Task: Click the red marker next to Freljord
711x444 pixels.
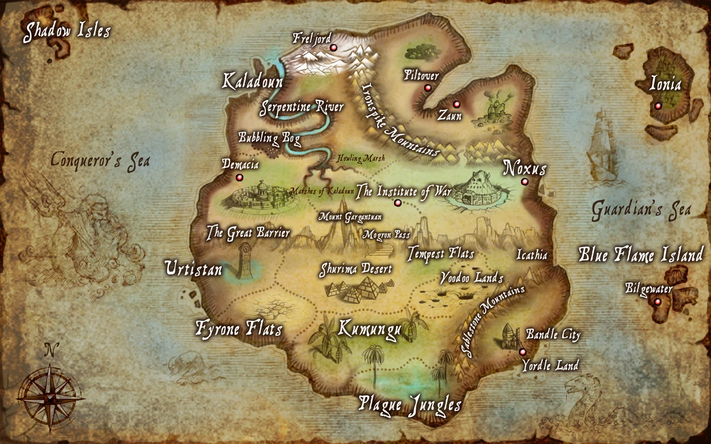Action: [x=333, y=47]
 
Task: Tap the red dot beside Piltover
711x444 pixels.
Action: [x=427, y=88]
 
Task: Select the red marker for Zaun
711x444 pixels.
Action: [x=456, y=104]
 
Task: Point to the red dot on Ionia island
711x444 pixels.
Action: [x=658, y=106]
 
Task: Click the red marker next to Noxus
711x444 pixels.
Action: [x=524, y=182]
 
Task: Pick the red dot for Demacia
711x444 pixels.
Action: [x=239, y=177]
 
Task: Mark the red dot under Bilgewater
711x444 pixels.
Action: [x=658, y=302]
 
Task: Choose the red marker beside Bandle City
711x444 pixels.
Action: [x=522, y=352]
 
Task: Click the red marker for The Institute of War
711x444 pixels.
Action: [x=398, y=203]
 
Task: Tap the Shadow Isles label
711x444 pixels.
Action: [x=66, y=31]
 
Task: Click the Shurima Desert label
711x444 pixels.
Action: [x=355, y=269]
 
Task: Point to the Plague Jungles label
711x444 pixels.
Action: [x=410, y=405]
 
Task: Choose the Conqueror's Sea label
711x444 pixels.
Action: [x=100, y=160]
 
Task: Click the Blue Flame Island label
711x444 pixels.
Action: [x=640, y=255]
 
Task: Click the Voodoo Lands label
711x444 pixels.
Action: [x=472, y=278]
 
